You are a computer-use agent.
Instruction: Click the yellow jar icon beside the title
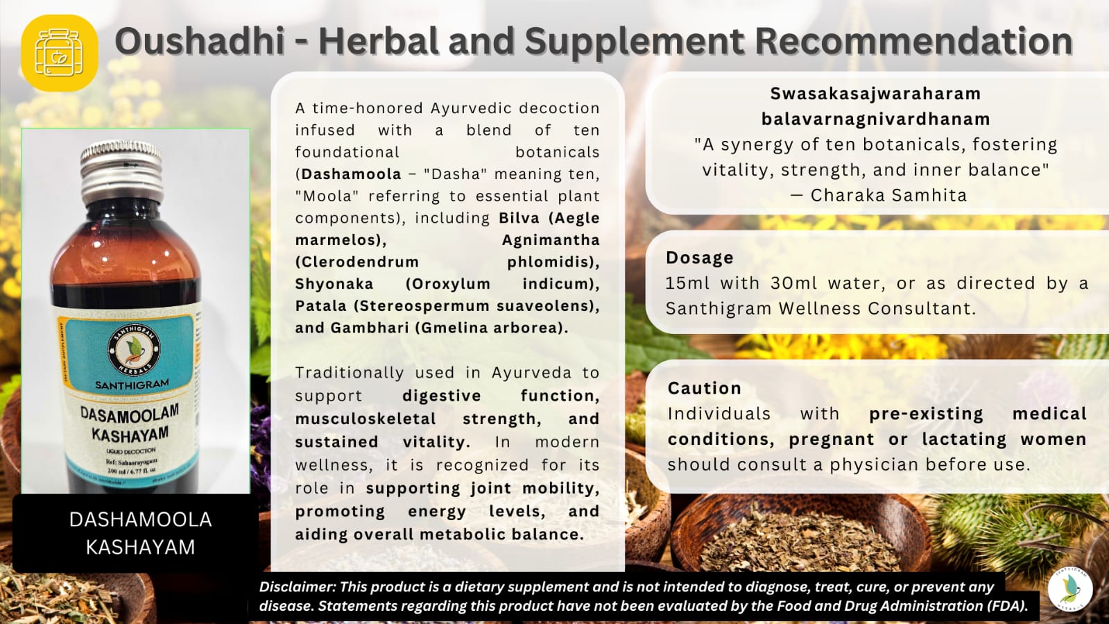pyautogui.click(x=60, y=53)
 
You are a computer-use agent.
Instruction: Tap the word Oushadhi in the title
pyautogui.click(x=200, y=41)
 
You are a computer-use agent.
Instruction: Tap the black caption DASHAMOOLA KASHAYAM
pyautogui.click(x=140, y=533)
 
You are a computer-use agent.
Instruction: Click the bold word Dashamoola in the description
pyautogui.click(x=352, y=174)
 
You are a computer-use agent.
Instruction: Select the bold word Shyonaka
pyautogui.click(x=334, y=284)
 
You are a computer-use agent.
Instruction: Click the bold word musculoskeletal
pyautogui.click(x=366, y=419)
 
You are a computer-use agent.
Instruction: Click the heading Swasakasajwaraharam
pyautogui.click(x=875, y=94)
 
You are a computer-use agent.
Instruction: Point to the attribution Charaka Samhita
pyautogui.click(x=888, y=196)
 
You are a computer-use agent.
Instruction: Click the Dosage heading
pyautogui.click(x=699, y=258)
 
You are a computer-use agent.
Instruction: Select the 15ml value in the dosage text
pyautogui.click(x=687, y=283)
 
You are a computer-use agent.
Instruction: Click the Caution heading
pyautogui.click(x=704, y=389)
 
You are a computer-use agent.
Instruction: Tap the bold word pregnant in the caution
pyautogui.click(x=831, y=439)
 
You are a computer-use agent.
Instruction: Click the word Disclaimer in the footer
pyautogui.click(x=297, y=587)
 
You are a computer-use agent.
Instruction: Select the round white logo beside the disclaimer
pyautogui.click(x=1070, y=589)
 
